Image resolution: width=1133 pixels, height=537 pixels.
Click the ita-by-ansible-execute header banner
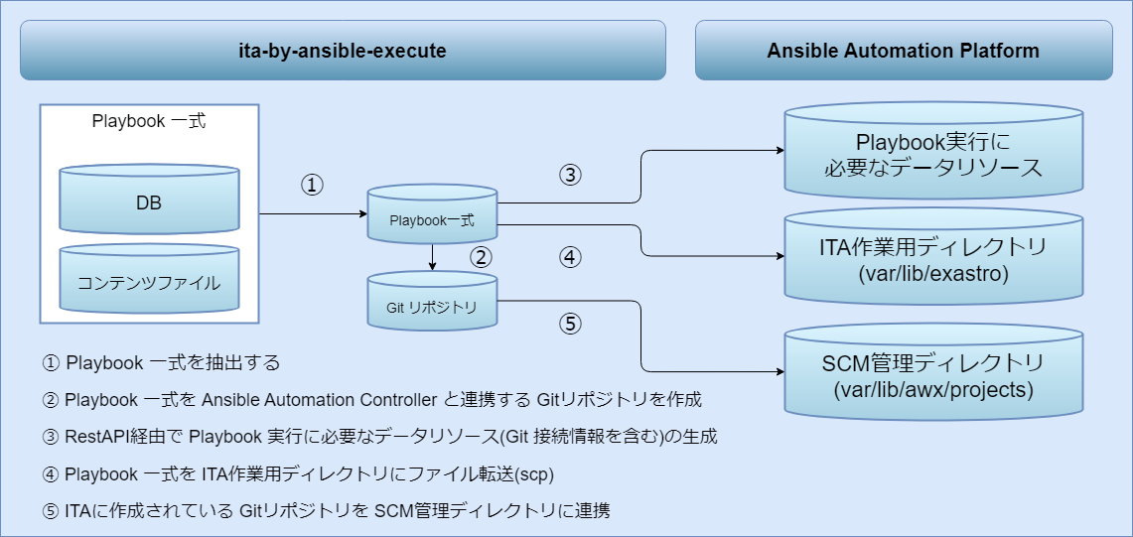(343, 50)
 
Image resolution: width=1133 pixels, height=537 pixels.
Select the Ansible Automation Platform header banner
(903, 50)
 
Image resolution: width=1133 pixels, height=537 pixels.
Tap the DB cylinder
(149, 202)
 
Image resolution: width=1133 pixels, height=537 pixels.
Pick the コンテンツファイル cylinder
(149, 283)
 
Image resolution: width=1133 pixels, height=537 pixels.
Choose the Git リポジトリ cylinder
(432, 307)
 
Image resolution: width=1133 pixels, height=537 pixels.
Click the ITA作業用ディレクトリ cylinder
(933, 258)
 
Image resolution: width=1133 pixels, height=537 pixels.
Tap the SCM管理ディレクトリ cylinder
(933, 376)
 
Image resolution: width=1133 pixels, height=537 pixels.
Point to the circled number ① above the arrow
(313, 186)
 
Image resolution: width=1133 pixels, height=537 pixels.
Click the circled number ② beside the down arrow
(482, 258)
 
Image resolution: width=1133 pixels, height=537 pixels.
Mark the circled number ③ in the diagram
(569, 175)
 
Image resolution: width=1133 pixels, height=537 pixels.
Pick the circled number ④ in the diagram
(569, 257)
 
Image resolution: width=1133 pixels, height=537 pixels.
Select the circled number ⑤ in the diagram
(569, 324)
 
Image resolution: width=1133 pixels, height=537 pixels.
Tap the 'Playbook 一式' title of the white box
(149, 122)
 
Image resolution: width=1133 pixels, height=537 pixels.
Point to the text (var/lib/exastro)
(933, 272)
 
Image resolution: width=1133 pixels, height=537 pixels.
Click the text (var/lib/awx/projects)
(933, 390)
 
